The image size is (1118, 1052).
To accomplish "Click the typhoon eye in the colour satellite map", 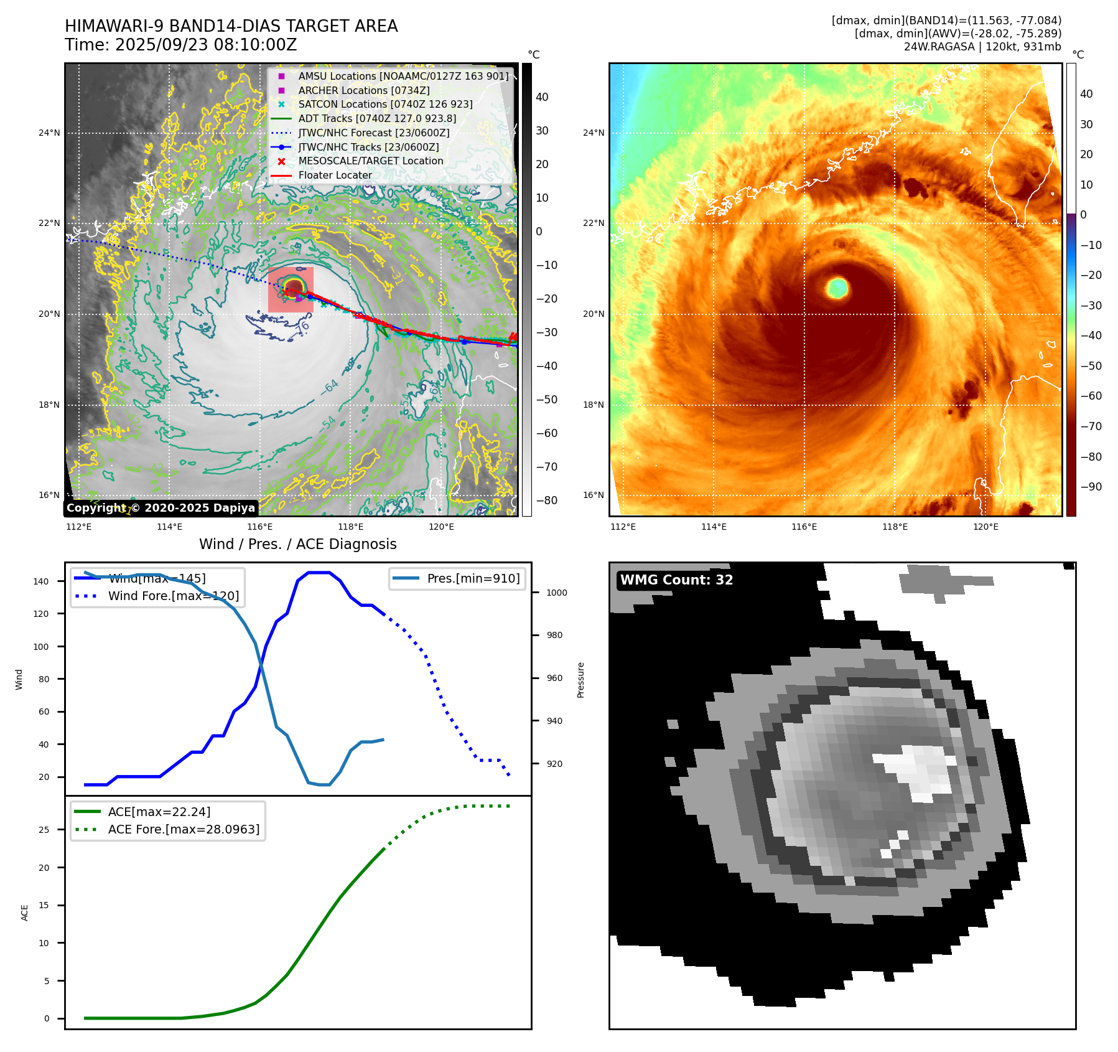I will pos(837,288).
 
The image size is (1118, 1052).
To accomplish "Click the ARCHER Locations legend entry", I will pos(363,90).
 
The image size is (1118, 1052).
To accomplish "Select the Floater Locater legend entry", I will pos(335,175).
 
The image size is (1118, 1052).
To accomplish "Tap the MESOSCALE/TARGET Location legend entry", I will pos(370,161).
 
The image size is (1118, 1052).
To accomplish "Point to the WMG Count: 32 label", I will pos(676,580).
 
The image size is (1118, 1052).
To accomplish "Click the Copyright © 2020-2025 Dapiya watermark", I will pos(161,508).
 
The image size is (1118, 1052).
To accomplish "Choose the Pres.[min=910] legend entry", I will pos(473,578).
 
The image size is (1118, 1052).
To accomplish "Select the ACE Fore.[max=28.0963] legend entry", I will pos(184,829).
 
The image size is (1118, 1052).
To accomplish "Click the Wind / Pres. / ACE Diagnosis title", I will pos(297,544).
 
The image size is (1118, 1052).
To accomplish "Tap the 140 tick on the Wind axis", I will pos(41,581).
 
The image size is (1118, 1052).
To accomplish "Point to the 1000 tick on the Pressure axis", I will pos(556,593).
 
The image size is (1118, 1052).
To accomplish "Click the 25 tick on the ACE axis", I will pos(44,830).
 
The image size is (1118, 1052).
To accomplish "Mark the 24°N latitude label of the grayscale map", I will pos(49,133).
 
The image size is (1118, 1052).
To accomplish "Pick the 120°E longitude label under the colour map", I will pos(985,527).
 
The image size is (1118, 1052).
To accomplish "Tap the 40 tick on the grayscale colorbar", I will pos(542,97).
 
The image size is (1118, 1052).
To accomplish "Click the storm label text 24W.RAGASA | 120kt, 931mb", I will pos(982,47).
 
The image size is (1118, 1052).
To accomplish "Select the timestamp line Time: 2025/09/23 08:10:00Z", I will pos(181,45).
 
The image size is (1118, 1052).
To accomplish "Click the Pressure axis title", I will pos(580,680).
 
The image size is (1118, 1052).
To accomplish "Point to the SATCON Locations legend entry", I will pos(385,105).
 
